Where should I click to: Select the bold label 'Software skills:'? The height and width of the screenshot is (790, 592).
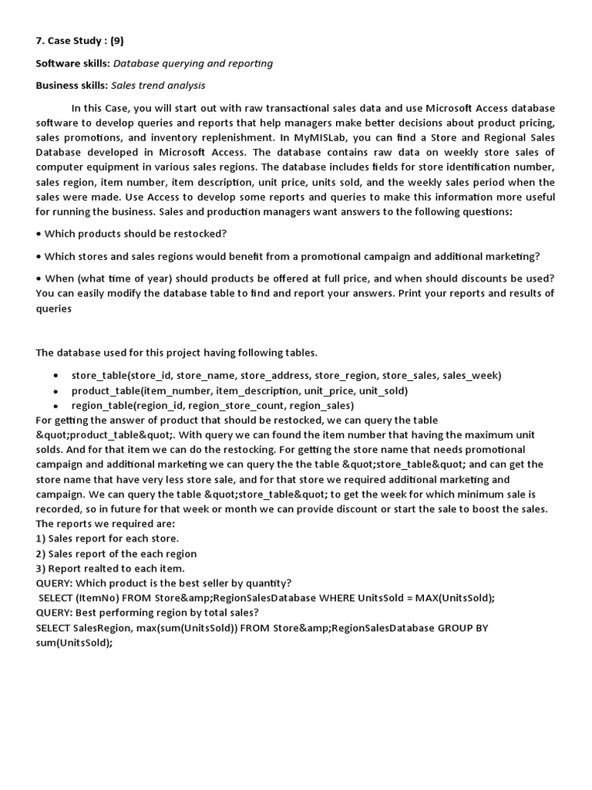72,63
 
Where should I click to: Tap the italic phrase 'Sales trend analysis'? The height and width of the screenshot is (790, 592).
158,86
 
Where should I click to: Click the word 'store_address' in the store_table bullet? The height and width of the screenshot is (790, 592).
274,376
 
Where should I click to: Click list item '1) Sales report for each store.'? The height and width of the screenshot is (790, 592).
107,538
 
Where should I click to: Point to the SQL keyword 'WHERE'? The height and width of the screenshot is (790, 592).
341,598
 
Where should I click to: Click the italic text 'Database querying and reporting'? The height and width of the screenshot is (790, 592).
197,63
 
